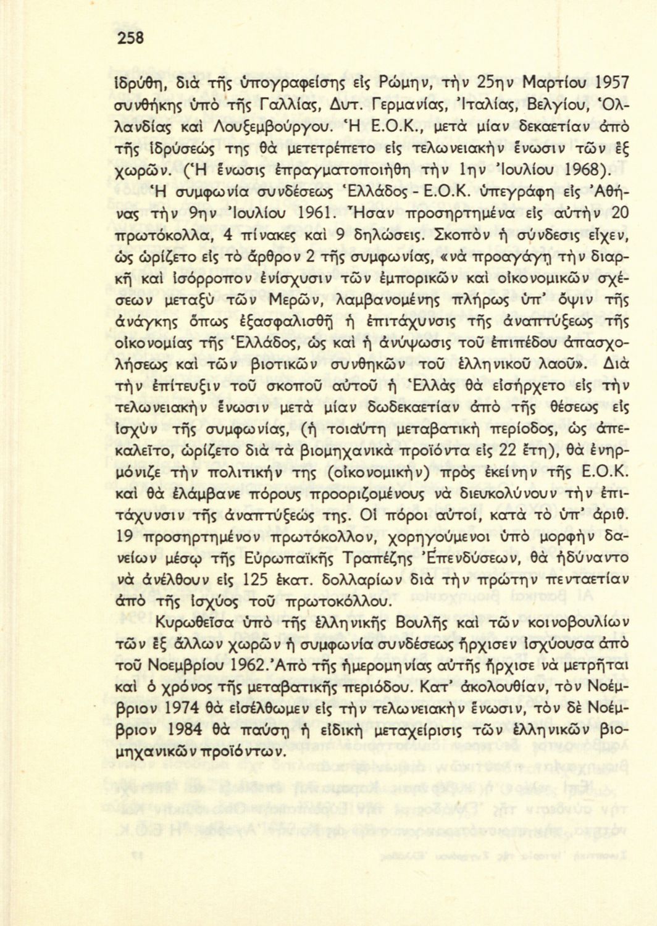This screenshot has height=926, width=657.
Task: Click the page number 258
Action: [131, 38]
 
